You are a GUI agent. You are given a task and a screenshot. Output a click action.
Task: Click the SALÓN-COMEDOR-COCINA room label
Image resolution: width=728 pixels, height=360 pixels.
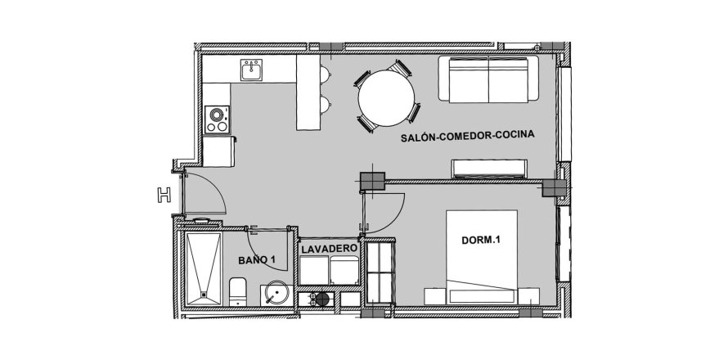[468, 136]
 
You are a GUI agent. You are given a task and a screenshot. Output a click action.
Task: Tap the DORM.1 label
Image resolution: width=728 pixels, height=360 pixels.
[480, 241]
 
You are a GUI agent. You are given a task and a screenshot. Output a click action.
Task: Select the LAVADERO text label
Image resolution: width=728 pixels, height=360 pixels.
[329, 249]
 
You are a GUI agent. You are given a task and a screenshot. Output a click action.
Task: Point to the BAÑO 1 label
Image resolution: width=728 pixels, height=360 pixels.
[256, 260]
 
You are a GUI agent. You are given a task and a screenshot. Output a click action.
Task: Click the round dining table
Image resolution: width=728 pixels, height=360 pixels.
[386, 98]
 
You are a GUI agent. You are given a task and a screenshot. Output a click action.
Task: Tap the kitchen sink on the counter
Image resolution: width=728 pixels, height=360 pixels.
[251, 70]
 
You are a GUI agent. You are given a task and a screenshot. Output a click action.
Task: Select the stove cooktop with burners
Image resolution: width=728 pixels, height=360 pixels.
[218, 119]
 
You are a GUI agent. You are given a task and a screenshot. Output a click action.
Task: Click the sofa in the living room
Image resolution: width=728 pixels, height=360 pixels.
[488, 79]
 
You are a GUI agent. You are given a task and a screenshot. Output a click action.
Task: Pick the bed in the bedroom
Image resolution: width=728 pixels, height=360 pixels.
[482, 258]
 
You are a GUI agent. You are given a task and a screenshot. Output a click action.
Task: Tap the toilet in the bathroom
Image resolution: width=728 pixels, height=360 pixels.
[238, 292]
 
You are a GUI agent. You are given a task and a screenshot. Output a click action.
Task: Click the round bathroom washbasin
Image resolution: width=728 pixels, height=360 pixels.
[276, 293]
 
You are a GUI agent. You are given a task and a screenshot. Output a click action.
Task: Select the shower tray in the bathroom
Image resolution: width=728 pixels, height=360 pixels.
[204, 268]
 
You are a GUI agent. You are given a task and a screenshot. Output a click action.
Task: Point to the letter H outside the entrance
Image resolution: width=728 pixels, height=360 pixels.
[164, 195]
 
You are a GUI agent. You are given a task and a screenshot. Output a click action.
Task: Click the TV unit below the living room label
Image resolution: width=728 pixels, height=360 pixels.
[489, 169]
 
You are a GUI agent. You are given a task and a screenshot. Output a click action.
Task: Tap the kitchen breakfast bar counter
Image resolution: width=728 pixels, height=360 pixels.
[308, 92]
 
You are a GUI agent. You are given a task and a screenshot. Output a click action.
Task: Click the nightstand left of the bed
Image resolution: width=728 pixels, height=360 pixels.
[435, 296]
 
